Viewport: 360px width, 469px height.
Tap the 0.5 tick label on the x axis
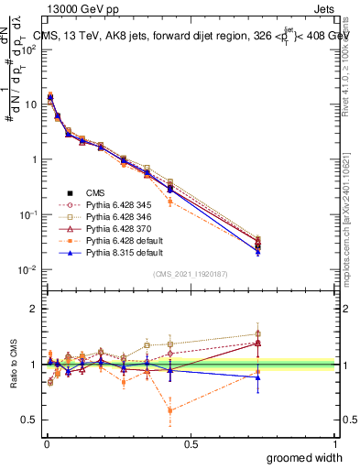click(191, 443)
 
